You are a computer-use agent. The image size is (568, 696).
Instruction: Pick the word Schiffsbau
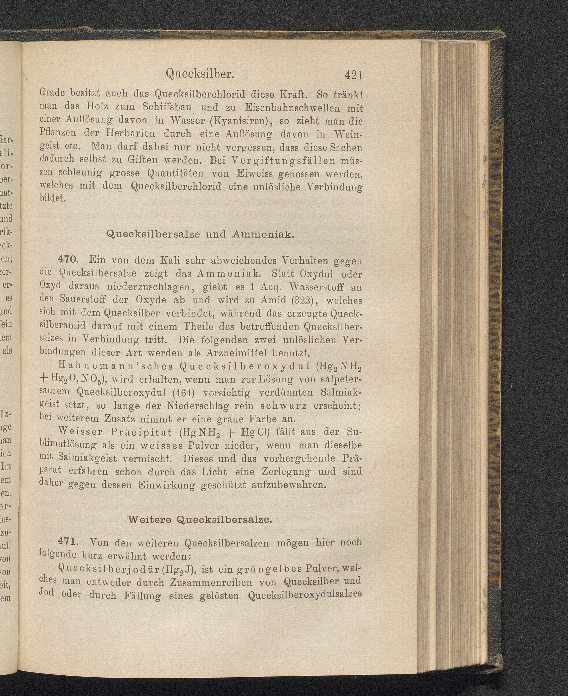click(x=168, y=107)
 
